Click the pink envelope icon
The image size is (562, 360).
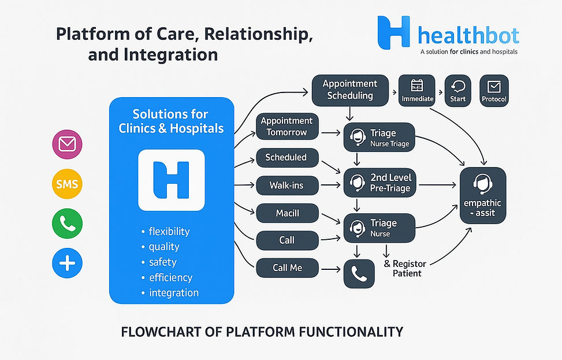67,145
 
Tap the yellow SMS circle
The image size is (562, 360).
67,185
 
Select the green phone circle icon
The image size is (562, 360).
67,224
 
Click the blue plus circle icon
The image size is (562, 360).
67,263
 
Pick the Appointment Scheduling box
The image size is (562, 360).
350,90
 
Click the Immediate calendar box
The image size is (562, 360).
417,91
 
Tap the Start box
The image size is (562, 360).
457,91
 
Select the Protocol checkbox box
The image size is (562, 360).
494,91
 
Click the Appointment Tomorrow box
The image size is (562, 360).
286,127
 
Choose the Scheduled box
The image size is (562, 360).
286,157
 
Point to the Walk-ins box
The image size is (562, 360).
286,186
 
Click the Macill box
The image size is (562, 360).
286,213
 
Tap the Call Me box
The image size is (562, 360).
286,268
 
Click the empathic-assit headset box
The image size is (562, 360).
482,196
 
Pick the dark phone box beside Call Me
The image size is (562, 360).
359,273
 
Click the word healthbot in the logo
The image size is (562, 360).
467,35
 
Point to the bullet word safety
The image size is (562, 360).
162,262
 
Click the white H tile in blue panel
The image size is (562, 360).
172,180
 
